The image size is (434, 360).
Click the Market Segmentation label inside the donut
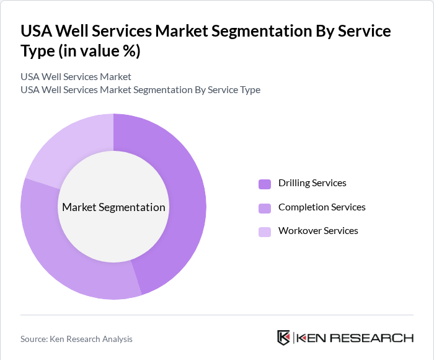coord(113,207)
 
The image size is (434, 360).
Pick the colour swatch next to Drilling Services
coord(265,184)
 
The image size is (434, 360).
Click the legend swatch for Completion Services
coord(265,207)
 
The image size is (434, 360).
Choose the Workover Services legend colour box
coord(265,231)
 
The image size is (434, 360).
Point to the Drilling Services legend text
coord(312,183)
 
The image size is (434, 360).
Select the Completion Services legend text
coord(322,207)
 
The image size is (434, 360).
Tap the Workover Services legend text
coord(318,230)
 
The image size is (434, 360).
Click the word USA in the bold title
coord(37,31)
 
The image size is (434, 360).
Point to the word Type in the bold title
coord(38,52)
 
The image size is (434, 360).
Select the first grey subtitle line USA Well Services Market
coord(76,77)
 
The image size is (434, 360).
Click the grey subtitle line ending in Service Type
coord(140,89)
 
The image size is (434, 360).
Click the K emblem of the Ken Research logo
coord(284,338)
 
